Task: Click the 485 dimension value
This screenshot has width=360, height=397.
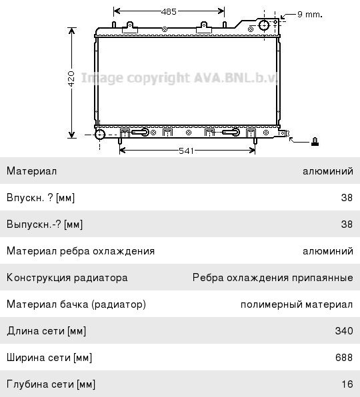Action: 169,11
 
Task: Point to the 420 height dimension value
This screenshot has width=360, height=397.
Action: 71,79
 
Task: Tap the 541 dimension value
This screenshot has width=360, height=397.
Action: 186,151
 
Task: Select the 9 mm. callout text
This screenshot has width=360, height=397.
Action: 310,14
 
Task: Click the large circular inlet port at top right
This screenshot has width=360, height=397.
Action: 264,25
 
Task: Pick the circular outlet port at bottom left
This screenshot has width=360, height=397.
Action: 100,135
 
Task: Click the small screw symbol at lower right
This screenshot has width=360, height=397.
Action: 315,141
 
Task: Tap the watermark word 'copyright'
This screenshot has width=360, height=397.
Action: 158,78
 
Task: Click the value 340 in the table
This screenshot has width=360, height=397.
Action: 344,331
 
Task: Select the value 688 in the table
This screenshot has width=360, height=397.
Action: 344,358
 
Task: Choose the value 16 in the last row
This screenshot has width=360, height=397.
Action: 347,384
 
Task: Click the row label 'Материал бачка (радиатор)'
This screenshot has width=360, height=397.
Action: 76,304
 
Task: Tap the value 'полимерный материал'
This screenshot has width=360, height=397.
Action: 297,304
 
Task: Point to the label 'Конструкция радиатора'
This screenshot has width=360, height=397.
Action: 67,278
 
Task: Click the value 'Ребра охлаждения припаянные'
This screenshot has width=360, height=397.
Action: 273,278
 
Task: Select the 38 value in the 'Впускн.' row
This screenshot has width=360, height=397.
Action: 347,197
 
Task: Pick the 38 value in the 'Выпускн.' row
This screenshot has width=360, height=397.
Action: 347,224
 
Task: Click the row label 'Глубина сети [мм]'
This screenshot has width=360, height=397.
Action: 51,384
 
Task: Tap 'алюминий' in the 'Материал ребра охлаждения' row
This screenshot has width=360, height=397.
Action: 328,251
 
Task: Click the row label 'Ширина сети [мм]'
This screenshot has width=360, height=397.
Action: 49,358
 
